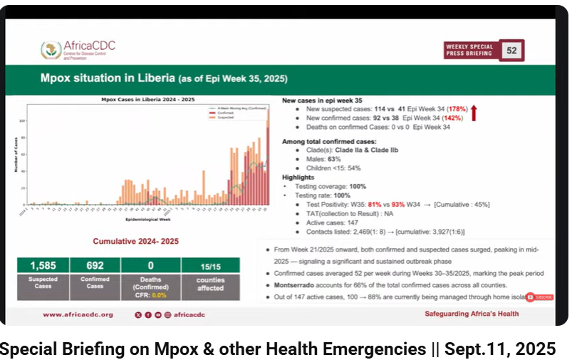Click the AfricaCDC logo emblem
point(51,50)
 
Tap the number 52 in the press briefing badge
point(511,51)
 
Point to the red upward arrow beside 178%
point(476,111)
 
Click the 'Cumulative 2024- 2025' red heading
point(135,242)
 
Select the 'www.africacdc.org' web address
point(78,314)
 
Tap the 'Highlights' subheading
point(298,177)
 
